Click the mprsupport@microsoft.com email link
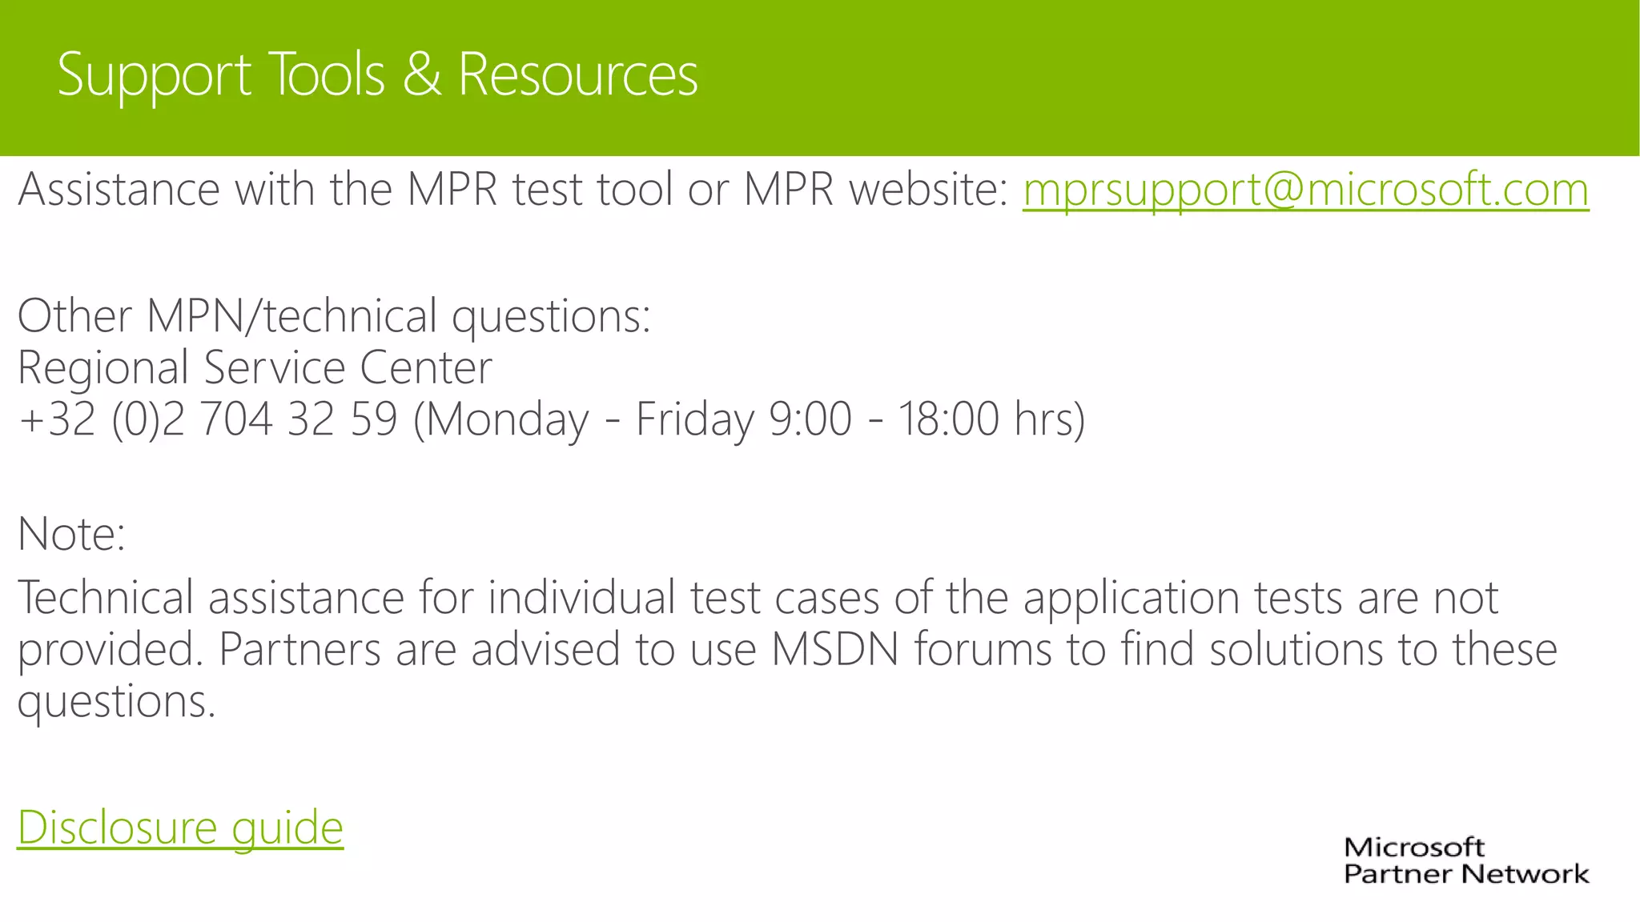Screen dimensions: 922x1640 pos(1305,190)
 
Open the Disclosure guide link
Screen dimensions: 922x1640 pos(180,828)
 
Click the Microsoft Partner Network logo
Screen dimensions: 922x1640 pos(1465,860)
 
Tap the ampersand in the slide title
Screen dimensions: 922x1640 pos(421,74)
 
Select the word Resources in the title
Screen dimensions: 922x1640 pos(577,74)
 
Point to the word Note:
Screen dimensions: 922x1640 pos(72,534)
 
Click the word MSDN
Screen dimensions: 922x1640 pos(835,649)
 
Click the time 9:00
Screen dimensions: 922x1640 pos(810,419)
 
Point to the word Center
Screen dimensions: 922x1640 pos(425,367)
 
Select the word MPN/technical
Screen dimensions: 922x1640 pos(291,316)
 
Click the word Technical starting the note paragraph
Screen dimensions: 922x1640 pos(106,598)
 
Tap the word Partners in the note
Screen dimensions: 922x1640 pos(299,649)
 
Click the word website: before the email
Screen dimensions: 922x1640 pos(929,190)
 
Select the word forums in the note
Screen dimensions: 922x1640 pos(982,649)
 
